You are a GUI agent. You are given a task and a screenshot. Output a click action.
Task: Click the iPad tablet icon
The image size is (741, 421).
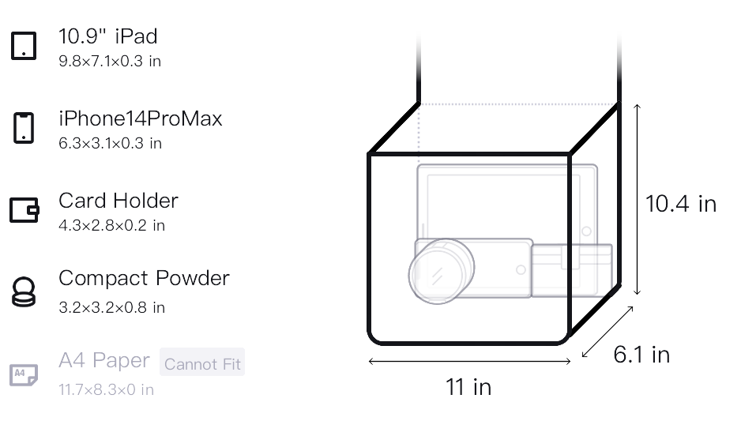[x=24, y=46]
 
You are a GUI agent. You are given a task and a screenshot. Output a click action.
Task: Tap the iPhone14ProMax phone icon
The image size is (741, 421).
[x=24, y=128]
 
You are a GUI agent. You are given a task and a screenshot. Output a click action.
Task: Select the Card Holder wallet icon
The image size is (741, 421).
[x=24, y=210]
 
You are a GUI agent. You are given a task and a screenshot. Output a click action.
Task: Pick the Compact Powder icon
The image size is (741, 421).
[x=24, y=292]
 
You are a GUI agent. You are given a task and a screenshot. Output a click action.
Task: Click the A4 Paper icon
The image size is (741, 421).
[x=24, y=374]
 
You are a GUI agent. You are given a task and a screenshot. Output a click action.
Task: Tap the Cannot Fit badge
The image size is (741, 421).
[x=202, y=363]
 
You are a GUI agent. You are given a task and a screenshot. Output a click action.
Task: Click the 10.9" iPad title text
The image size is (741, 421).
[x=107, y=36]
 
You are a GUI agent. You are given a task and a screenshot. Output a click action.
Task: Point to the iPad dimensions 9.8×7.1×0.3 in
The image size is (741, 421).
[x=110, y=61]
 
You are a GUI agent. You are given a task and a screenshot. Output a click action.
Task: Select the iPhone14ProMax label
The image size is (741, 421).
[x=141, y=118]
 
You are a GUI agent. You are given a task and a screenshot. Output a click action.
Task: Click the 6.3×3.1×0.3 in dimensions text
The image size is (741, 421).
[x=110, y=143]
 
